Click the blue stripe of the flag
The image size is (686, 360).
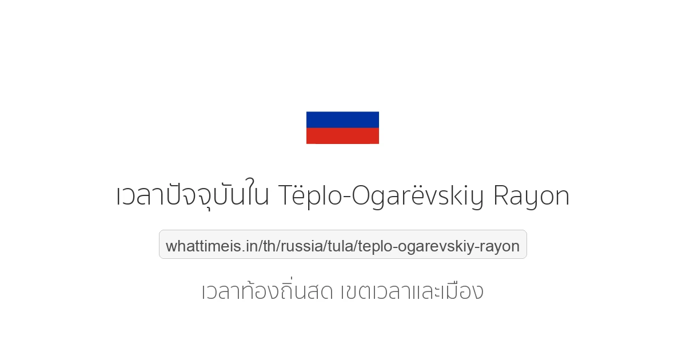point(342,119)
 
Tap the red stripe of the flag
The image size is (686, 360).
point(342,136)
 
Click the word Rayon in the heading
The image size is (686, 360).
point(531,196)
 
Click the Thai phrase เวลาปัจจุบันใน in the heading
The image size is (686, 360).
point(193,196)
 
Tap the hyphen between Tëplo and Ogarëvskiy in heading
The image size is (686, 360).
point(345,198)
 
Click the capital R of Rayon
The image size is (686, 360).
point(501,196)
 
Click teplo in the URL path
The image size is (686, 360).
point(376,246)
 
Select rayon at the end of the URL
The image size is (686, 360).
point(501,246)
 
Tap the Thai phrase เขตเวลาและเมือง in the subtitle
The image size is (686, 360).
point(412,291)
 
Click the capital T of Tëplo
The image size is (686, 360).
point(286,196)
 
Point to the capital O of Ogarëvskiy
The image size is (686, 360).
point(361,196)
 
